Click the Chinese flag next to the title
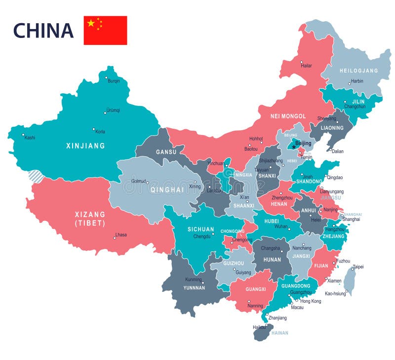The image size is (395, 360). coord(105,31)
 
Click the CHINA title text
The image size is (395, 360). coord(43,31)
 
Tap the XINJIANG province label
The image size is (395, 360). coord(85,146)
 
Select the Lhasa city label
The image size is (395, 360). coord(121,235)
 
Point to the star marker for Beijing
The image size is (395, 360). coord(294,146)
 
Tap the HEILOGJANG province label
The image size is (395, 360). coord(358,71)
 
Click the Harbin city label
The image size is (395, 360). coord(356,81)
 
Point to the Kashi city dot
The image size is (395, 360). coord(22,134)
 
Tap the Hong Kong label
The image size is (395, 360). coord(311,301)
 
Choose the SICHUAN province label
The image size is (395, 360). coord(200,229)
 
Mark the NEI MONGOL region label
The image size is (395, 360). coord(288,116)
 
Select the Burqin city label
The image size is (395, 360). coord(114,80)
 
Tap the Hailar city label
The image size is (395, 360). coord(306,65)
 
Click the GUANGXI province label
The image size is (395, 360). coord(255,289)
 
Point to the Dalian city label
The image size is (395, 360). coord(338,151)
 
